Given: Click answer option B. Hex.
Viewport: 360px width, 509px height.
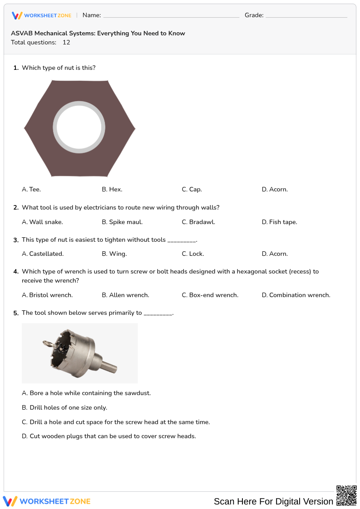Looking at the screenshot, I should click(112, 189).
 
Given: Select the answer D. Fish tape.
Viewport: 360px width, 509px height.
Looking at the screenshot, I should click(279, 222).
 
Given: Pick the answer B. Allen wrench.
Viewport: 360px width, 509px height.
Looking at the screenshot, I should click(125, 295).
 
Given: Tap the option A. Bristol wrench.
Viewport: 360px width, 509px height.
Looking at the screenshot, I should click(47, 295).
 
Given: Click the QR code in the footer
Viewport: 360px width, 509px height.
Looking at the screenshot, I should click(346, 495).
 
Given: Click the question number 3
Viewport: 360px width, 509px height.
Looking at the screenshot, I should click(16, 240).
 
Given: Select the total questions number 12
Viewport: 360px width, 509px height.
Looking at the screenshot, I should click(66, 42).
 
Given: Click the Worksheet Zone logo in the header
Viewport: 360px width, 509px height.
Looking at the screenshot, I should click(41, 15).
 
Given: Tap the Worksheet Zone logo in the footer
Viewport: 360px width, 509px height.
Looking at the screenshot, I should click(47, 501).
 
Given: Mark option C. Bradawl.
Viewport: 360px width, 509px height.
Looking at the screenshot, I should click(198, 222).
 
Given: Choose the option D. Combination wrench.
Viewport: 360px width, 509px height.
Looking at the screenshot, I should click(296, 295).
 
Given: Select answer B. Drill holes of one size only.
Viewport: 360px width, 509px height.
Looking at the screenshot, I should click(64, 407).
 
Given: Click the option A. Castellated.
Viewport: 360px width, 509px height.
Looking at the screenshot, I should click(43, 254).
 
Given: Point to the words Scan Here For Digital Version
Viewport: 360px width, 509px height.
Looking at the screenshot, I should click(273, 501).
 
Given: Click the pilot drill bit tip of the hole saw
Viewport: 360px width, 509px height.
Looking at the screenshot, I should click(46, 343).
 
